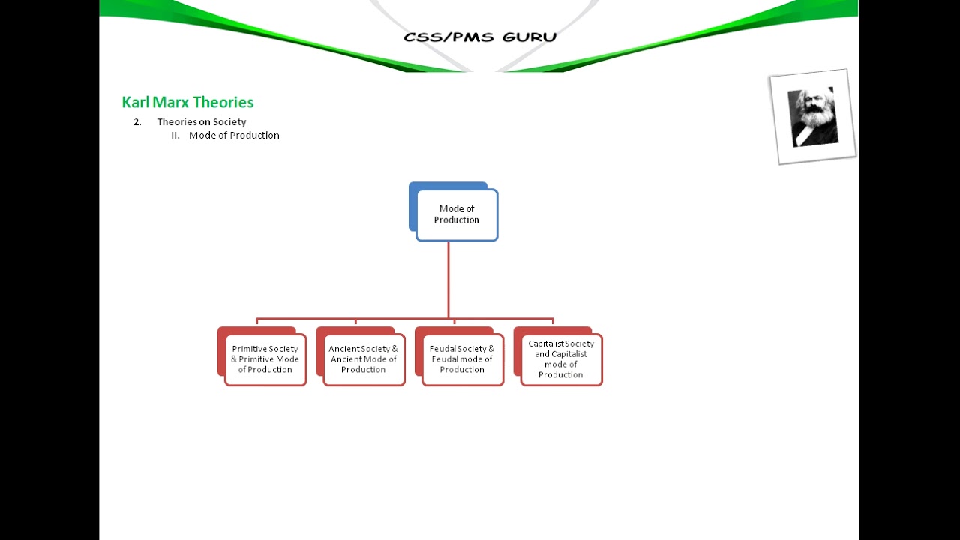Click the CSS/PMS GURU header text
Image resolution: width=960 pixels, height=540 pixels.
tap(480, 37)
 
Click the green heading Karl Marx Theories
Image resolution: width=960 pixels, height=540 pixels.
tap(187, 102)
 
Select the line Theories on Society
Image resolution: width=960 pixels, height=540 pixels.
tap(201, 121)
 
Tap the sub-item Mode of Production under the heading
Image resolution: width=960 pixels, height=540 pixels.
tap(234, 135)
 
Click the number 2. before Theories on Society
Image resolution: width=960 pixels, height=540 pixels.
tap(137, 121)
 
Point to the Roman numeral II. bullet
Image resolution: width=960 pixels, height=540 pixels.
tap(175, 135)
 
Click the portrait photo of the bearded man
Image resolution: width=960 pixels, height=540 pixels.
tap(813, 117)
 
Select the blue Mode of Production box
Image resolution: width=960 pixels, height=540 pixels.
tap(456, 214)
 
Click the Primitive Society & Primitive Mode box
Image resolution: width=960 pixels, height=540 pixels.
tap(265, 359)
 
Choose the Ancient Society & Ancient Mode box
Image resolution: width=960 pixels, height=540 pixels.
tap(364, 359)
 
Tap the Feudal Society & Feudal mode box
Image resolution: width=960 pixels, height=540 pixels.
tap(462, 359)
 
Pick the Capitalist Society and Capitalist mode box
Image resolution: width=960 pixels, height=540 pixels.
tap(561, 359)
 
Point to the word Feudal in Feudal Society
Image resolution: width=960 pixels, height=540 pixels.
tap(442, 349)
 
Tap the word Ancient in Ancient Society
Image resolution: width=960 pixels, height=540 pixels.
tap(343, 349)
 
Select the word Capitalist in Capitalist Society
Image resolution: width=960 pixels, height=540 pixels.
tap(545, 343)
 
